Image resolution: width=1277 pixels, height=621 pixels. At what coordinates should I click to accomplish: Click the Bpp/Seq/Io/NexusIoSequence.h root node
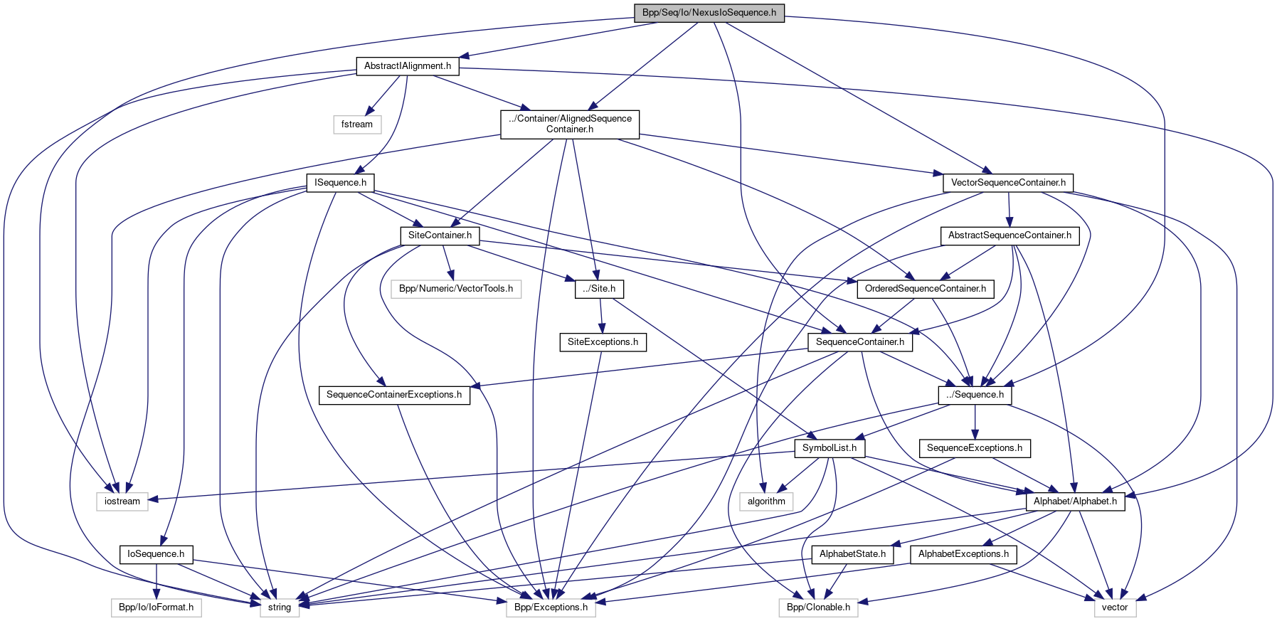[x=709, y=13]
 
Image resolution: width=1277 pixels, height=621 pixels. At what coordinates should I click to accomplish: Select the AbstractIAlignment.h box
[x=408, y=66]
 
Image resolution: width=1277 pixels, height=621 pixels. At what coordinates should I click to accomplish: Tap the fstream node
[x=357, y=124]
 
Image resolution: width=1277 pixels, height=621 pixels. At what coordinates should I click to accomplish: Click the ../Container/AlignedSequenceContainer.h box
[x=570, y=124]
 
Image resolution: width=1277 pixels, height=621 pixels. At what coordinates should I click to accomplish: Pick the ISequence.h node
[x=341, y=183]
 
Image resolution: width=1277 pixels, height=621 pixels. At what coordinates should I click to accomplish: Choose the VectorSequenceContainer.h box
[x=1008, y=183]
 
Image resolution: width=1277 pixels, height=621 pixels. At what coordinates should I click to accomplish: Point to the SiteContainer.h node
[x=440, y=235]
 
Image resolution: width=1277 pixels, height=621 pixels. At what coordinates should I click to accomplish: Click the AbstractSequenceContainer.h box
[x=1010, y=235]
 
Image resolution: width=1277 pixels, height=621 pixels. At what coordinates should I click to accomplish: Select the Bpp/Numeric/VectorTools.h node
[x=455, y=289]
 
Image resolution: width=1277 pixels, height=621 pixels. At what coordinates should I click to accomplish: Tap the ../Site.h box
[x=599, y=289]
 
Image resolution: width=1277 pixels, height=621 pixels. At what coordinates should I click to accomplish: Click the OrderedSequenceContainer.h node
[x=925, y=289]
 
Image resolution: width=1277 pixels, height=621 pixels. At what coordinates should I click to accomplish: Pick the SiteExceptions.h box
[x=603, y=342]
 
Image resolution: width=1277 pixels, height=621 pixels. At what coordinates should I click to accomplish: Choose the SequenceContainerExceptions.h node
[x=394, y=395]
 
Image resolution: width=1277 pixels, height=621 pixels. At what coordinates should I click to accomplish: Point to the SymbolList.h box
[x=830, y=448]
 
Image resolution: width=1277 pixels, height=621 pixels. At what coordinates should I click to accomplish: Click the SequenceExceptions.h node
[x=974, y=448]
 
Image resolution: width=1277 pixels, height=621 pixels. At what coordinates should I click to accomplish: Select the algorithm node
[x=766, y=501]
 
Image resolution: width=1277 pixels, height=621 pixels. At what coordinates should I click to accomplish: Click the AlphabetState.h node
[x=852, y=554]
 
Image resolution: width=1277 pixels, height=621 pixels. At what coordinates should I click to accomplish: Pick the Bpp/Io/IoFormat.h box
[x=156, y=607]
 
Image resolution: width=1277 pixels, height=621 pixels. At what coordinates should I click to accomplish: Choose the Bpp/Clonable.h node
[x=818, y=607]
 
